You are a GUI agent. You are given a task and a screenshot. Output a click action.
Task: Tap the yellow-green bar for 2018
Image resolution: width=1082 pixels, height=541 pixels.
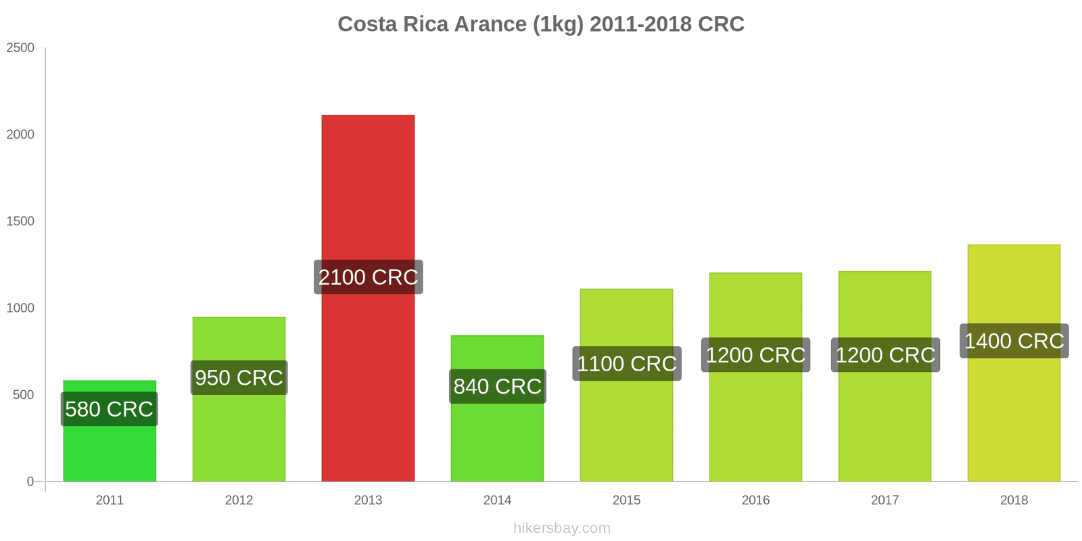click(x=1014, y=419)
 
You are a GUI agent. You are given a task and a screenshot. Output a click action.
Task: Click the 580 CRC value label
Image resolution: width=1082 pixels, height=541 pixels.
click(x=110, y=409)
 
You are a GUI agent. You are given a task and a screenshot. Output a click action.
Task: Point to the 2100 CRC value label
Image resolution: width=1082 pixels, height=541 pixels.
click(x=368, y=277)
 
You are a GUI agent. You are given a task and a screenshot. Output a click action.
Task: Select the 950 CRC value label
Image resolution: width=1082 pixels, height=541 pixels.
click(x=239, y=377)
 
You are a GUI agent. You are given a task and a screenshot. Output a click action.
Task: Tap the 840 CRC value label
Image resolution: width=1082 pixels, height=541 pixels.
click(x=497, y=386)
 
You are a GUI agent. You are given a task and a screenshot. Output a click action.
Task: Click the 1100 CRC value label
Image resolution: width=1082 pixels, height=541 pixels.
click(x=626, y=364)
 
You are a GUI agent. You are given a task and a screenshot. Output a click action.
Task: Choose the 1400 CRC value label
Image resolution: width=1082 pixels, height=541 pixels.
click(x=1014, y=341)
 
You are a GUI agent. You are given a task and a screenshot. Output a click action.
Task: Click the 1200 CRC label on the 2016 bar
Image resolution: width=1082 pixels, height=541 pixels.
click(x=755, y=355)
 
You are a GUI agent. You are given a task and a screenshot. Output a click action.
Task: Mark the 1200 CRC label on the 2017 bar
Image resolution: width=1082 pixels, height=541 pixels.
click(x=885, y=355)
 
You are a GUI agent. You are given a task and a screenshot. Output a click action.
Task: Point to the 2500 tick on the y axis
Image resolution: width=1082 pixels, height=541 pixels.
click(x=20, y=48)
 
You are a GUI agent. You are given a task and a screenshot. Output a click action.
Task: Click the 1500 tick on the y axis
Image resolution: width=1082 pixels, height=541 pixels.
click(x=20, y=221)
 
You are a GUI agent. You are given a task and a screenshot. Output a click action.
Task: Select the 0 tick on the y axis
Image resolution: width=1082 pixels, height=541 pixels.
click(x=30, y=481)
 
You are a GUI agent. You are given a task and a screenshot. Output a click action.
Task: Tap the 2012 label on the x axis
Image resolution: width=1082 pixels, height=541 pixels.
click(x=239, y=500)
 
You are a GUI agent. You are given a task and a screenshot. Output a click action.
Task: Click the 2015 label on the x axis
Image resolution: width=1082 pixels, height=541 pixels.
click(x=626, y=500)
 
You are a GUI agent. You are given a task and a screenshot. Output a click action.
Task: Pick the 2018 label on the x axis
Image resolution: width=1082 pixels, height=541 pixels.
click(x=1014, y=500)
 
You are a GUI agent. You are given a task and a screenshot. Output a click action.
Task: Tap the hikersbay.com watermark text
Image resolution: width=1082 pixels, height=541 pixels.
click(x=561, y=528)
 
